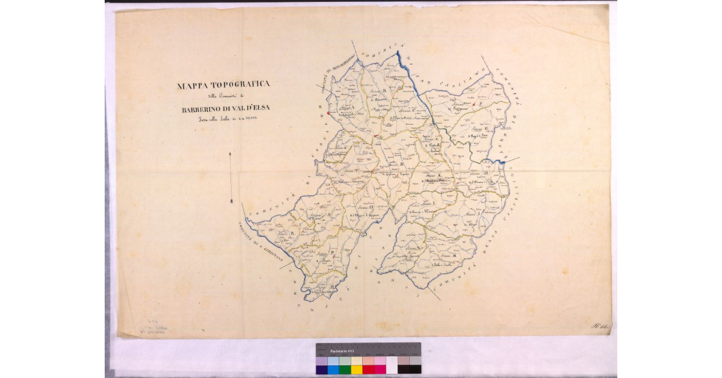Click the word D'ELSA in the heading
(x=274, y=110)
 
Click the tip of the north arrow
(x=231, y=154)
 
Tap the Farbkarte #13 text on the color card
(x=342, y=350)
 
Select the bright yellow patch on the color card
(x=357, y=369)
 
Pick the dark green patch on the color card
(x=345, y=369)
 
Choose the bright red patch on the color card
(x=368, y=369)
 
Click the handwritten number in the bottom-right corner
(x=599, y=326)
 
